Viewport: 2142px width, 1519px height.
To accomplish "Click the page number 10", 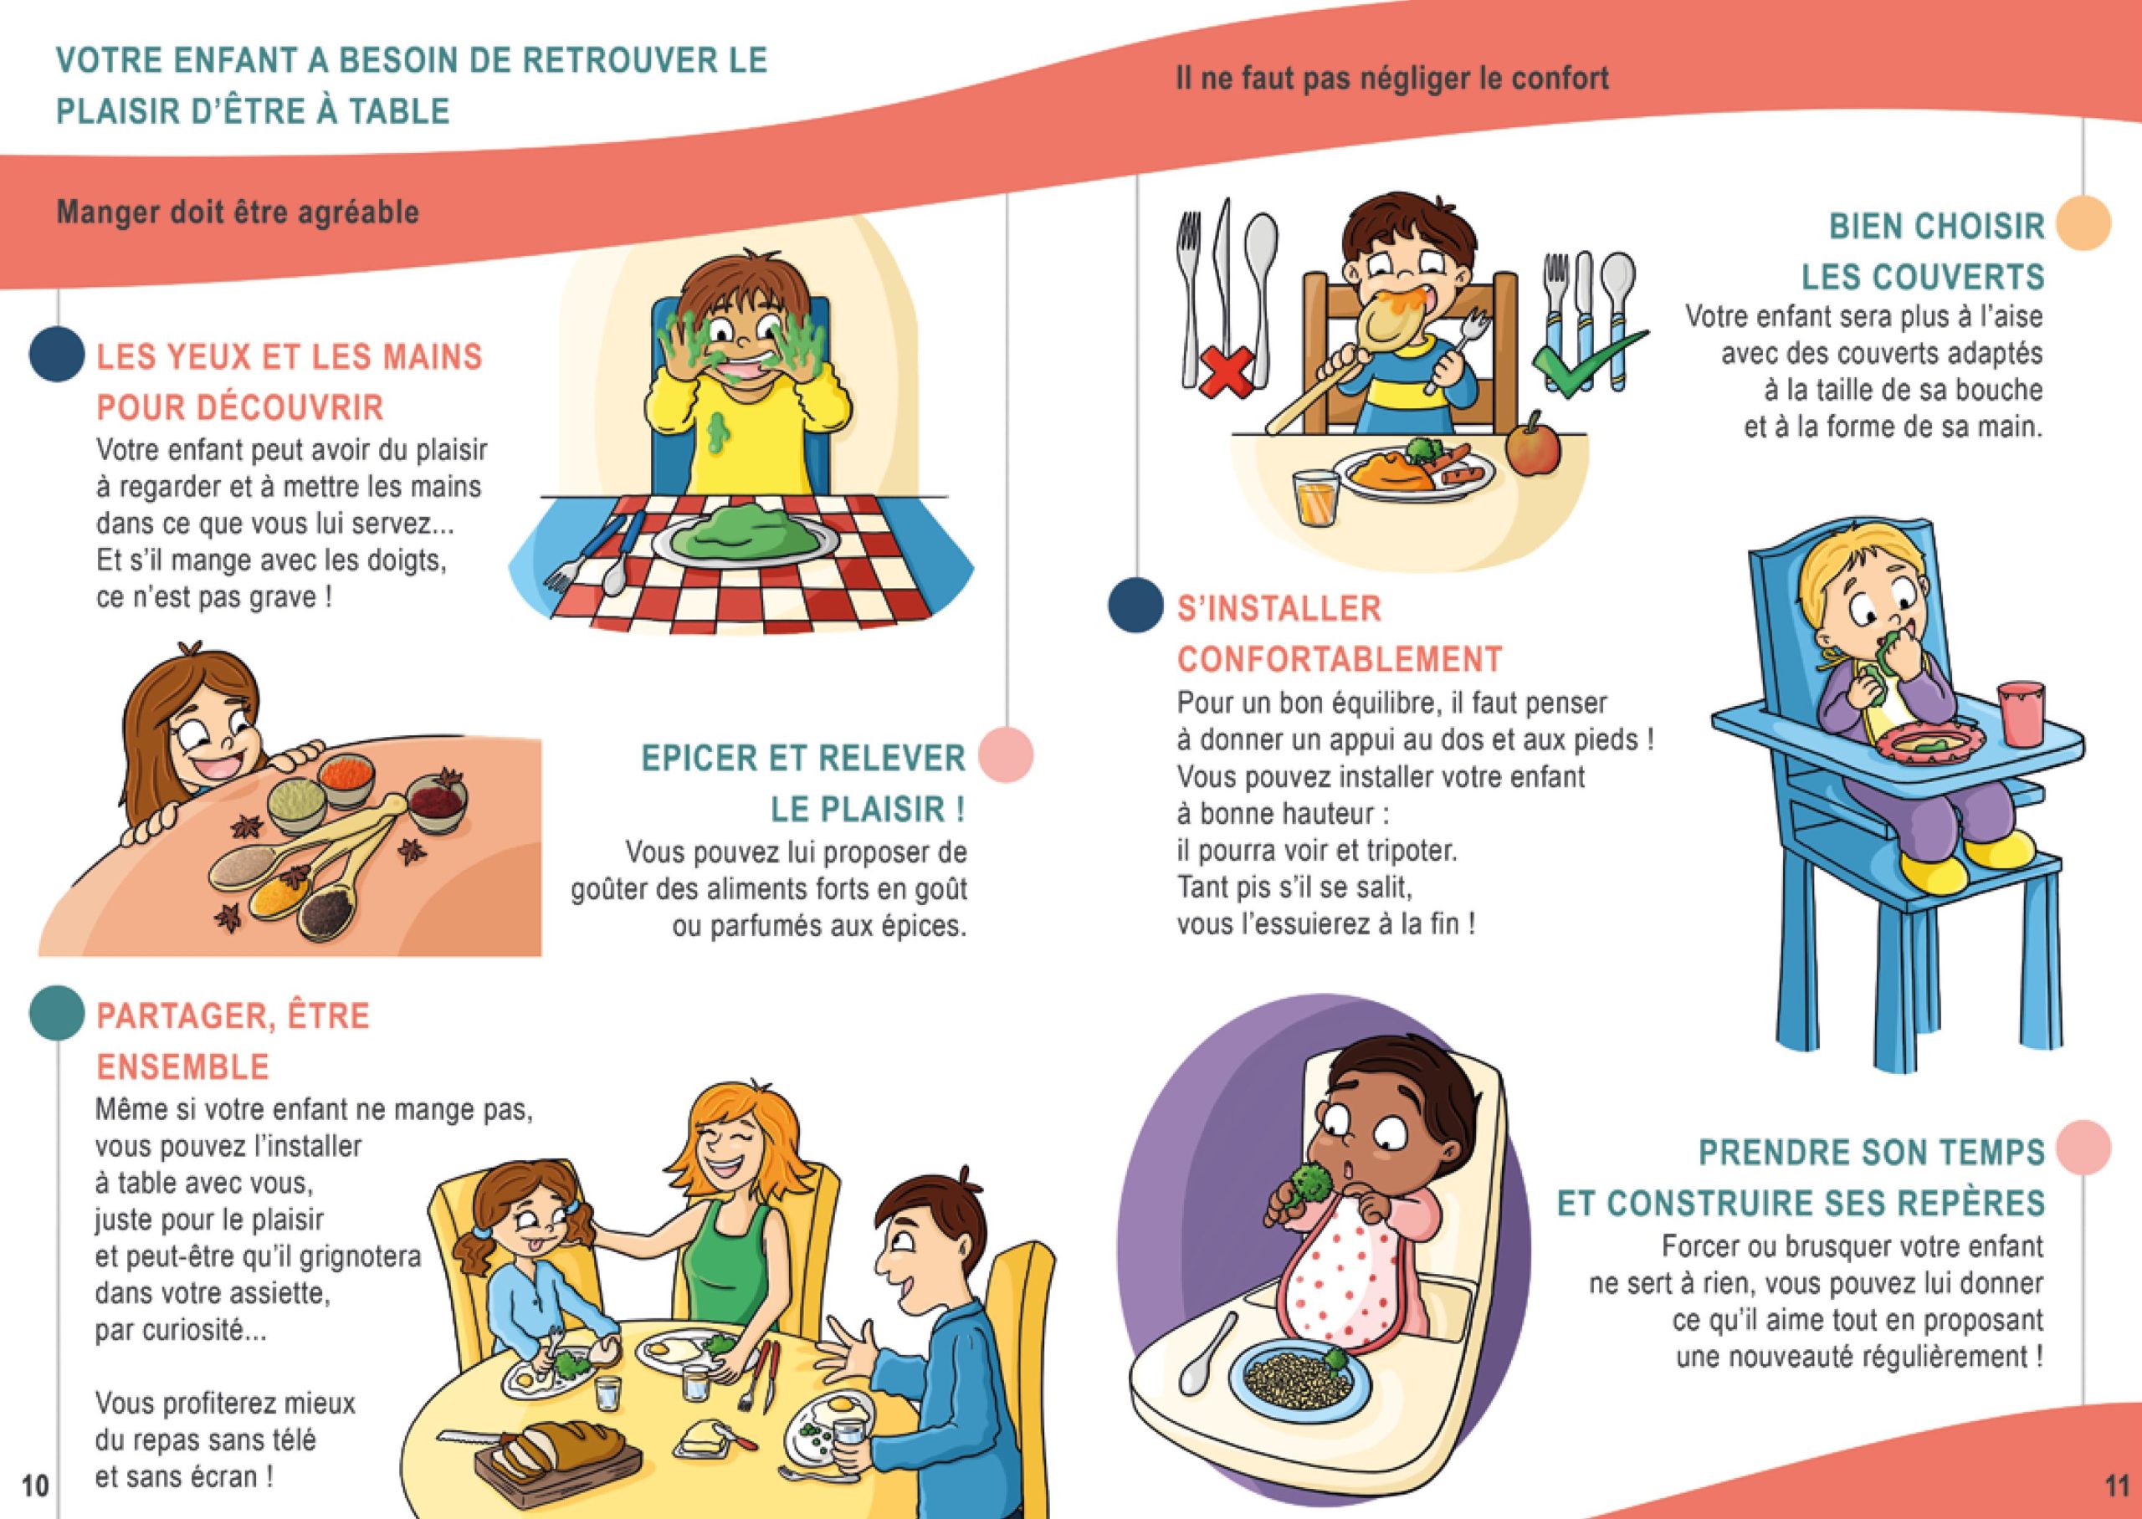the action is (34, 1485).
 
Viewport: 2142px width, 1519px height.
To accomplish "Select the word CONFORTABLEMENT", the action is (1340, 659).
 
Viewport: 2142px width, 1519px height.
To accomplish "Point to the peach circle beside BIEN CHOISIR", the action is (2083, 222).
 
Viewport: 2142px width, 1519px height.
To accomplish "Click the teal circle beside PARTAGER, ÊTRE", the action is (57, 1012).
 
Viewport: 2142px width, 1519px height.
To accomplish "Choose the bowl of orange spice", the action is (346, 776).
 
